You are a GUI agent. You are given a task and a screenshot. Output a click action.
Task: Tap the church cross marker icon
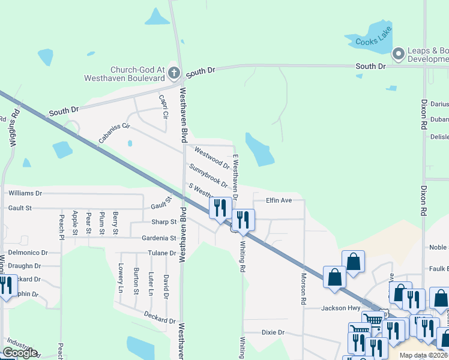(x=173, y=73)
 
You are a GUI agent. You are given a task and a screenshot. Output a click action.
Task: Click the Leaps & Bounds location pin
(x=398, y=55)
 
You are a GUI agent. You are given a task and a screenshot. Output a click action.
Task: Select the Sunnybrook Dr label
(x=208, y=176)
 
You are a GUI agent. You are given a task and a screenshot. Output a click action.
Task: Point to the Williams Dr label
(x=25, y=193)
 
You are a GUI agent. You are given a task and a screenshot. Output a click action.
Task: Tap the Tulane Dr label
(x=161, y=253)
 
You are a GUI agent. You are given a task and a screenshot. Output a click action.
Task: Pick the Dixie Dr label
(x=273, y=332)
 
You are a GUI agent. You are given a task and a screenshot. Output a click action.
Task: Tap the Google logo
(x=20, y=353)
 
